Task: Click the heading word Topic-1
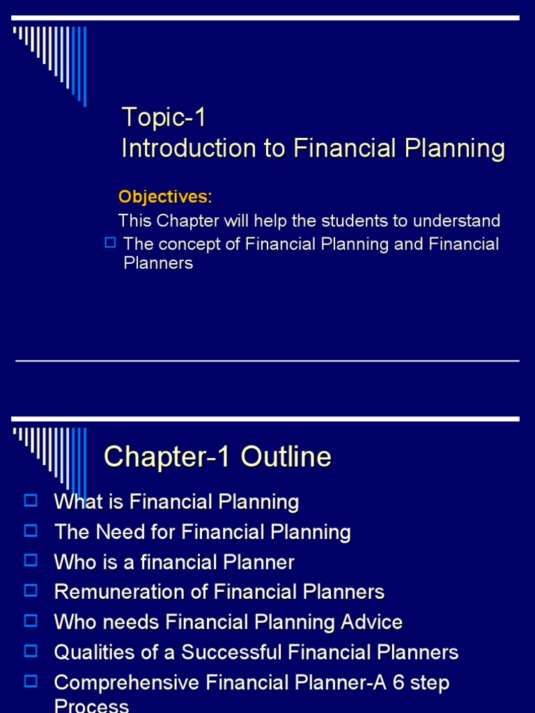(x=164, y=117)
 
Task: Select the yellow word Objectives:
(x=165, y=197)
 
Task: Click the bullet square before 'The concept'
(x=109, y=242)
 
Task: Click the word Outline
(x=286, y=457)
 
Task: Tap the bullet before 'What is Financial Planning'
(x=30, y=500)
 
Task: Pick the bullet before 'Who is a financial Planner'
(x=30, y=561)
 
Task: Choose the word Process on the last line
(x=91, y=706)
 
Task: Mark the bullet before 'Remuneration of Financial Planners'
(x=30, y=590)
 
